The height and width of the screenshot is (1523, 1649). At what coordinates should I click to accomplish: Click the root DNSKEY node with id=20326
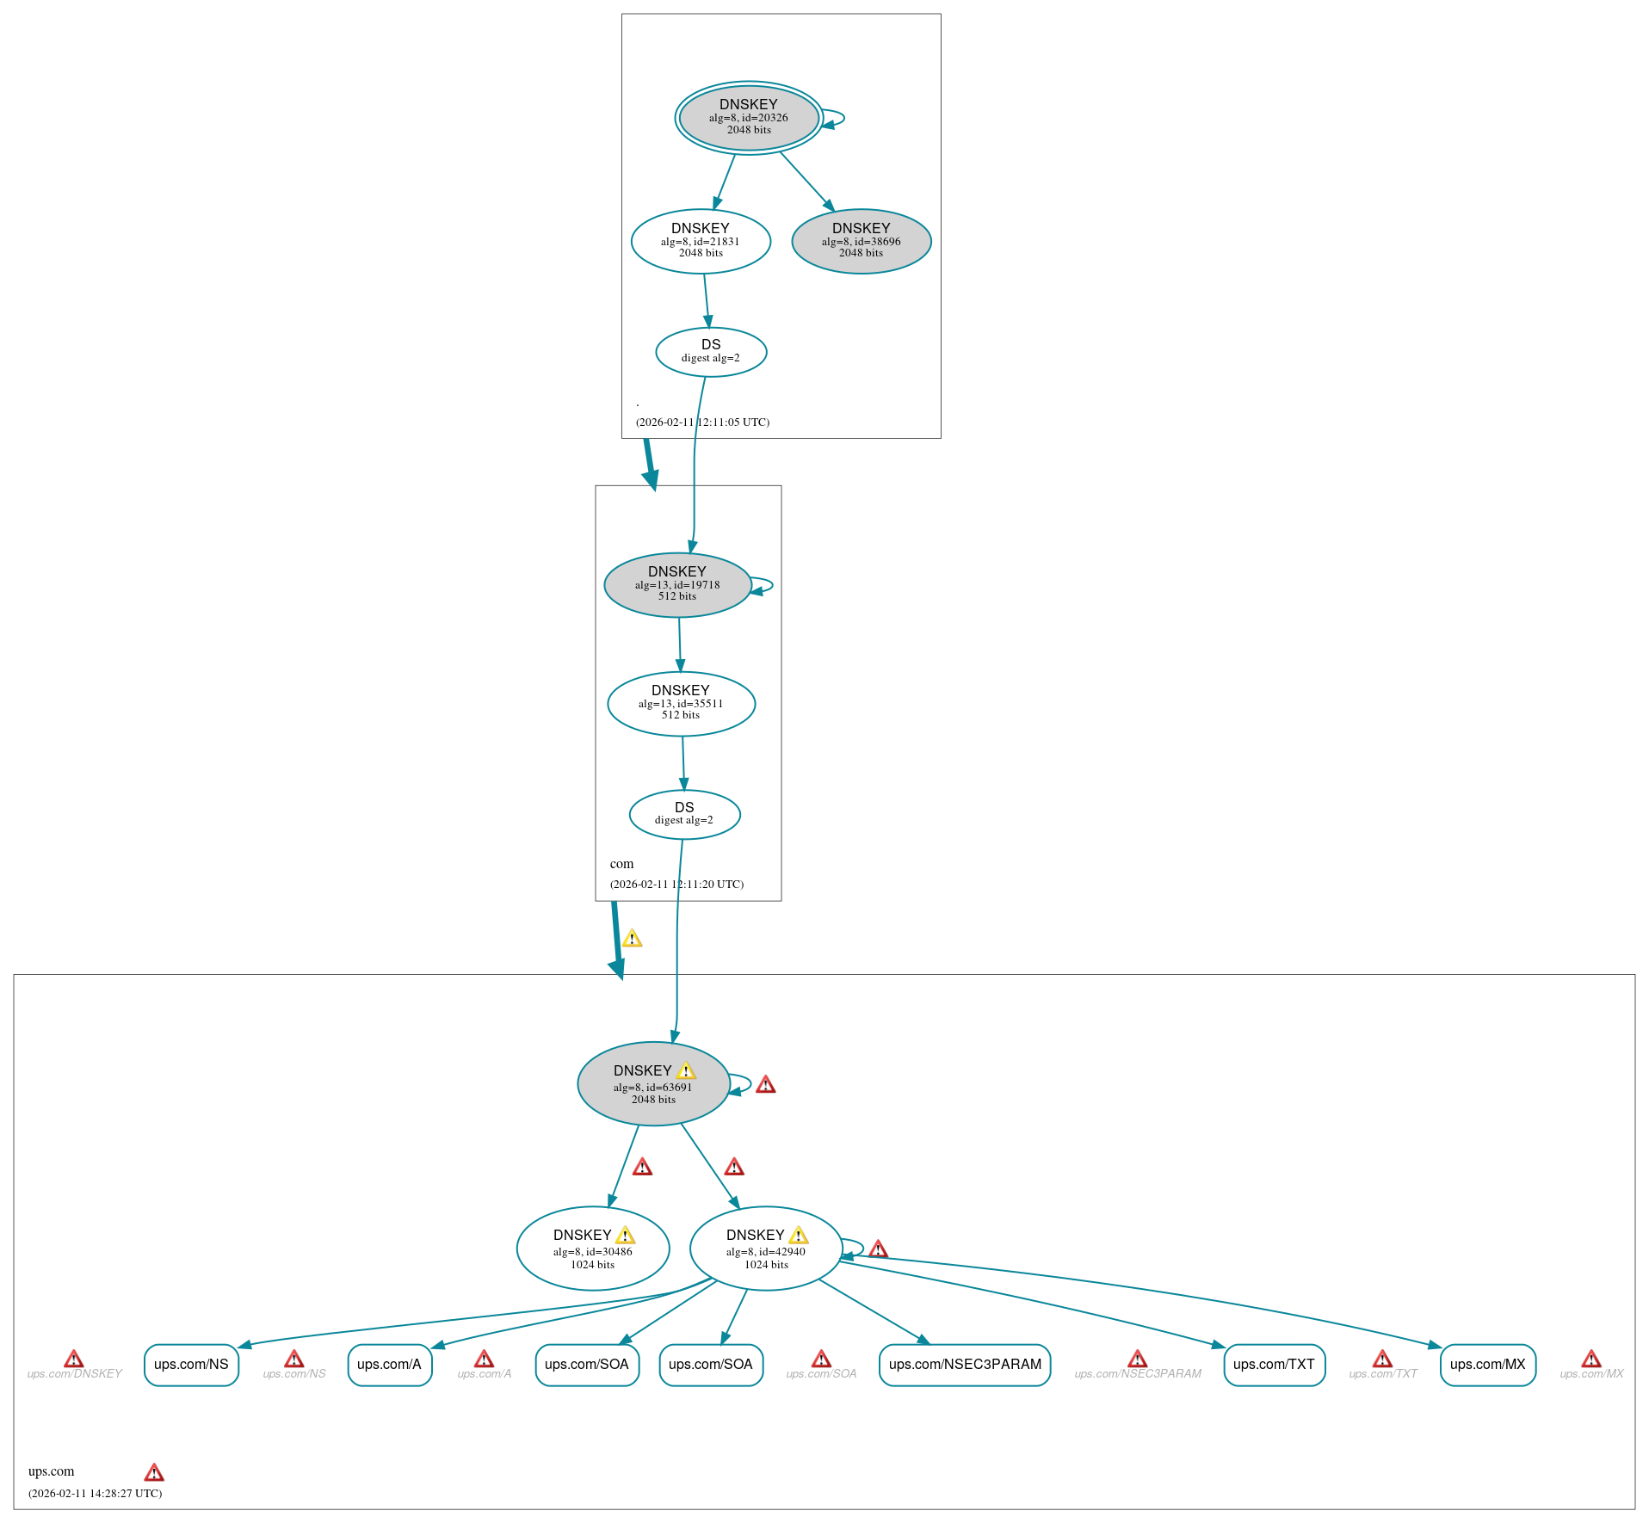point(748,118)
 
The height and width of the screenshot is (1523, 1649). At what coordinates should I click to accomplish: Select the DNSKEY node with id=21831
point(701,241)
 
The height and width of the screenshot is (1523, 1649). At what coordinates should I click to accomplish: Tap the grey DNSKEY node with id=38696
point(861,241)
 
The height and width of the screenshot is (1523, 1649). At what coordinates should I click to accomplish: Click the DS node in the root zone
point(711,352)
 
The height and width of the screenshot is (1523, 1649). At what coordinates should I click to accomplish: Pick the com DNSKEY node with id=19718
point(677,584)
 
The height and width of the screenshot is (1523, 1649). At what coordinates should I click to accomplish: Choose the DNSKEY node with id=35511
point(681,703)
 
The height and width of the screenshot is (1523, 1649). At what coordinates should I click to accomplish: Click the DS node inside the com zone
point(684,814)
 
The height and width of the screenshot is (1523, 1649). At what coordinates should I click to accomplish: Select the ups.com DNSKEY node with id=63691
point(653,1083)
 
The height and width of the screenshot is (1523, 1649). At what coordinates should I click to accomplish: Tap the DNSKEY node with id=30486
point(592,1249)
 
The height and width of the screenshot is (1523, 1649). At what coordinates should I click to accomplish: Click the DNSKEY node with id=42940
point(765,1249)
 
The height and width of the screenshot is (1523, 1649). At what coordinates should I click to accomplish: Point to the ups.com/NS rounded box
point(191,1365)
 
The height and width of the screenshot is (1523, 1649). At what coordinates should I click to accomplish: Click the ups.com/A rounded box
point(389,1365)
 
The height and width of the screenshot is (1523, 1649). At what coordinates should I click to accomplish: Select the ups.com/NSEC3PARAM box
point(965,1365)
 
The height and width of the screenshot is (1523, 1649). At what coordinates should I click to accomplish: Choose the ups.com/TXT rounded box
point(1274,1365)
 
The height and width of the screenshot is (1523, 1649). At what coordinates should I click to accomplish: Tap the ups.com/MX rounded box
point(1487,1365)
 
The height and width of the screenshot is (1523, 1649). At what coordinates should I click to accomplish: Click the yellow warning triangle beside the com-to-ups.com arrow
point(632,939)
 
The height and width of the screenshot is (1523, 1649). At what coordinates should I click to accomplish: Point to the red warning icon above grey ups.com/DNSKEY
point(74,1359)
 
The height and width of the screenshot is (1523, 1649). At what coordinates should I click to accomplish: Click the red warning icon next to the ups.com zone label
point(154,1472)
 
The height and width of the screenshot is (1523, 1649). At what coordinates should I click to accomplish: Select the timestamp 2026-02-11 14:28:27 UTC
point(95,1493)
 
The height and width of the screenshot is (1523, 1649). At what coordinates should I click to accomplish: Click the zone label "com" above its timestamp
point(621,864)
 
